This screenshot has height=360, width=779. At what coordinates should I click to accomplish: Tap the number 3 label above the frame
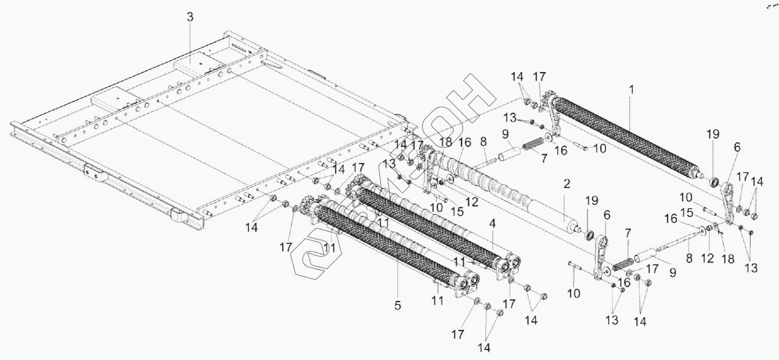point(189,17)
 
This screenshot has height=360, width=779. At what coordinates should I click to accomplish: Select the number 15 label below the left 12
point(441,211)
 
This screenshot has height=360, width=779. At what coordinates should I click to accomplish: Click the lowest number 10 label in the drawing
point(574,293)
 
